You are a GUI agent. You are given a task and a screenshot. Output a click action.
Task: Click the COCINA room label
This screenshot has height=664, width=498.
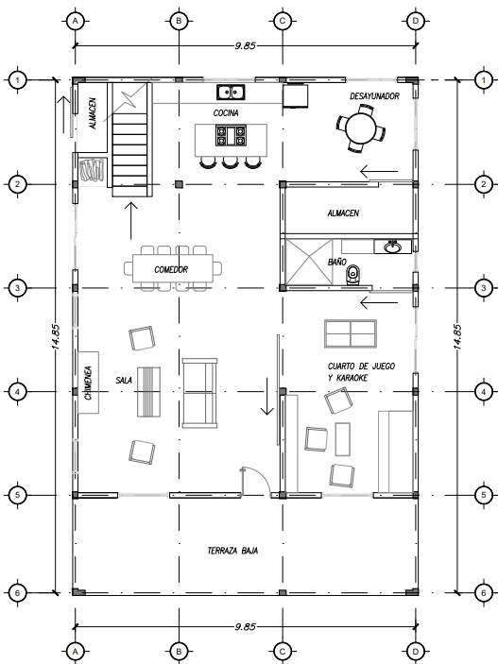pyautogui.click(x=226, y=112)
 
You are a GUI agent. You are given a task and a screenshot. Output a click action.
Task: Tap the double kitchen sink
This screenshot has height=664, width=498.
pyautogui.click(x=231, y=92)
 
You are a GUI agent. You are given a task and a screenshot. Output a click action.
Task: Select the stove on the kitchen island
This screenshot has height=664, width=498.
pyautogui.click(x=231, y=135)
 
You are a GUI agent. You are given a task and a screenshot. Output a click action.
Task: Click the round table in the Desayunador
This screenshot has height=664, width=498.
pyautogui.click(x=361, y=128)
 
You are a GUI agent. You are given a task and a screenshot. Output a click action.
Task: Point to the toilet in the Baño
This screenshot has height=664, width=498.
pyautogui.click(x=352, y=275)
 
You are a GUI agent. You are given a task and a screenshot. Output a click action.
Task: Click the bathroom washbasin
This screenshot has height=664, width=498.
pyautogui.click(x=392, y=247)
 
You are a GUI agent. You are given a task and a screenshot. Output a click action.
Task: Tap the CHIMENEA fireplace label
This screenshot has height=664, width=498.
pyautogui.click(x=88, y=383)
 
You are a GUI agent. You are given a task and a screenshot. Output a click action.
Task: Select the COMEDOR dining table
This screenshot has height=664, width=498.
pyautogui.click(x=173, y=268)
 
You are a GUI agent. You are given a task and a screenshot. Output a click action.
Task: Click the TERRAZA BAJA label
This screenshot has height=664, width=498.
pyautogui.click(x=232, y=551)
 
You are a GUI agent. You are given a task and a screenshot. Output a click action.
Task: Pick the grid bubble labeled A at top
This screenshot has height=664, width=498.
pyautogui.click(x=76, y=21)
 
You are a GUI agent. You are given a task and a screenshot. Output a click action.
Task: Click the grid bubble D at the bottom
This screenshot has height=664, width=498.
pyautogui.click(x=415, y=651)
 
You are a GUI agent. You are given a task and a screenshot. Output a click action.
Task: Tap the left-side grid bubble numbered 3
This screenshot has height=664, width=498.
pyautogui.click(x=17, y=288)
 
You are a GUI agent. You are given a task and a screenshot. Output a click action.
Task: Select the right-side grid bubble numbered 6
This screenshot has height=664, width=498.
pyautogui.click(x=484, y=593)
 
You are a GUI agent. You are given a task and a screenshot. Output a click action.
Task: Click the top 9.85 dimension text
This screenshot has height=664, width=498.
pyautogui.click(x=245, y=45)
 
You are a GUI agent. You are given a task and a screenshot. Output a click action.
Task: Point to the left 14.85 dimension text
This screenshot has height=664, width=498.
pyautogui.click(x=56, y=336)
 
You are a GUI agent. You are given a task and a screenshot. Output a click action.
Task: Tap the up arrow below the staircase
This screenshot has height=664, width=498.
pyautogui.click(x=131, y=220)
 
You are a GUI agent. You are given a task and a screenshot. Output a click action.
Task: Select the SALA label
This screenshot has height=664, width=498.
pyautogui.click(x=124, y=381)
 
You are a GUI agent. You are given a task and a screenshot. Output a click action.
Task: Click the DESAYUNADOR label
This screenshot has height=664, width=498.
pyautogui.click(x=374, y=96)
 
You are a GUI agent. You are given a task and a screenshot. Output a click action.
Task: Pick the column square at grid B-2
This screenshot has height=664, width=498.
pyautogui.click(x=179, y=184)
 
